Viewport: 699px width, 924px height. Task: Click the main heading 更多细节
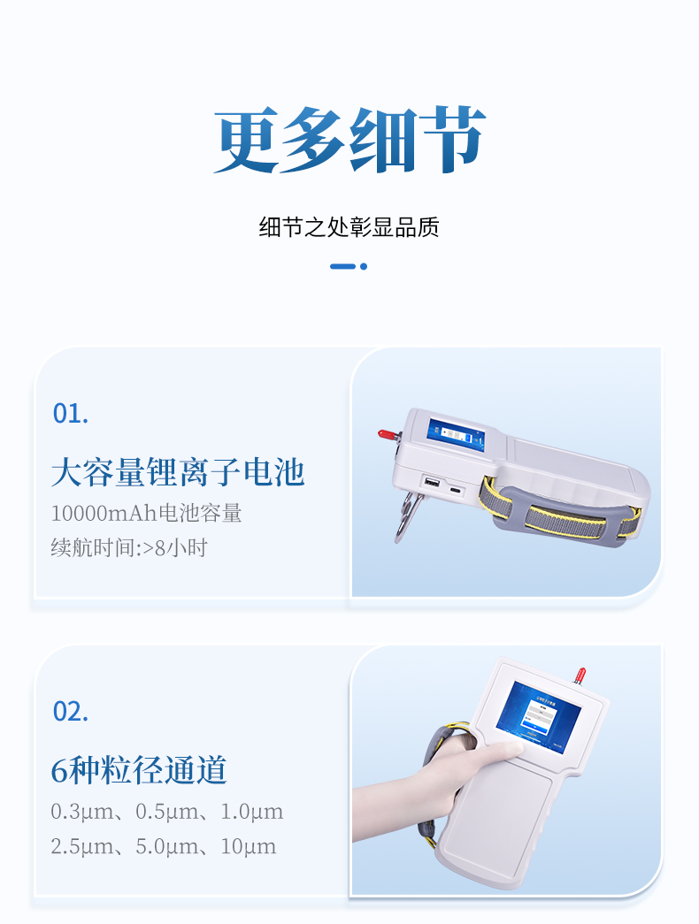pyautogui.click(x=349, y=141)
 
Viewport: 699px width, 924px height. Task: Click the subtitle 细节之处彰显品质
pyautogui.click(x=349, y=227)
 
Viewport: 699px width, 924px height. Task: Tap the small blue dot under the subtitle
pyautogui.click(x=364, y=266)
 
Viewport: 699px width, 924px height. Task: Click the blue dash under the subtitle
pyautogui.click(x=342, y=266)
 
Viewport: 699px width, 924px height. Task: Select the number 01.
pyautogui.click(x=71, y=414)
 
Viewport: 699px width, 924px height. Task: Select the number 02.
pyautogui.click(x=71, y=712)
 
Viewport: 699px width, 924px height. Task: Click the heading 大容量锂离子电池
pyautogui.click(x=178, y=472)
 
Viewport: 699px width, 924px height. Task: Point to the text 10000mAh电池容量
pyautogui.click(x=146, y=513)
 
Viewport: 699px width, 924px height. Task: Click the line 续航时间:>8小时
pyautogui.click(x=129, y=548)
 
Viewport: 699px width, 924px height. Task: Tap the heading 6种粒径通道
pyautogui.click(x=139, y=770)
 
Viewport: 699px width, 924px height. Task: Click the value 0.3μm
pyautogui.click(x=82, y=812)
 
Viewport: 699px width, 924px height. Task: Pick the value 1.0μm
pyautogui.click(x=252, y=812)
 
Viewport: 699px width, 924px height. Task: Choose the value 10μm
pyautogui.click(x=249, y=847)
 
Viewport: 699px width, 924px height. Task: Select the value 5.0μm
pyautogui.click(x=167, y=847)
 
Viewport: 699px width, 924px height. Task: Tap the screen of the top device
pyautogui.click(x=456, y=435)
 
